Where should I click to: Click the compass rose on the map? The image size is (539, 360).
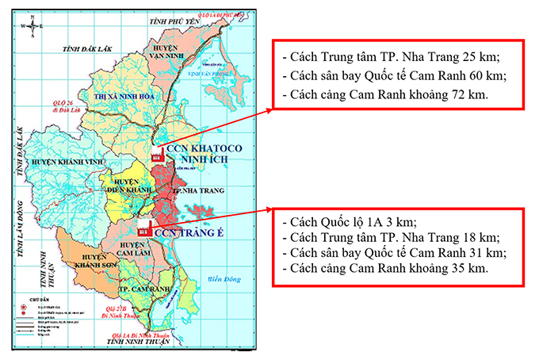32,26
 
